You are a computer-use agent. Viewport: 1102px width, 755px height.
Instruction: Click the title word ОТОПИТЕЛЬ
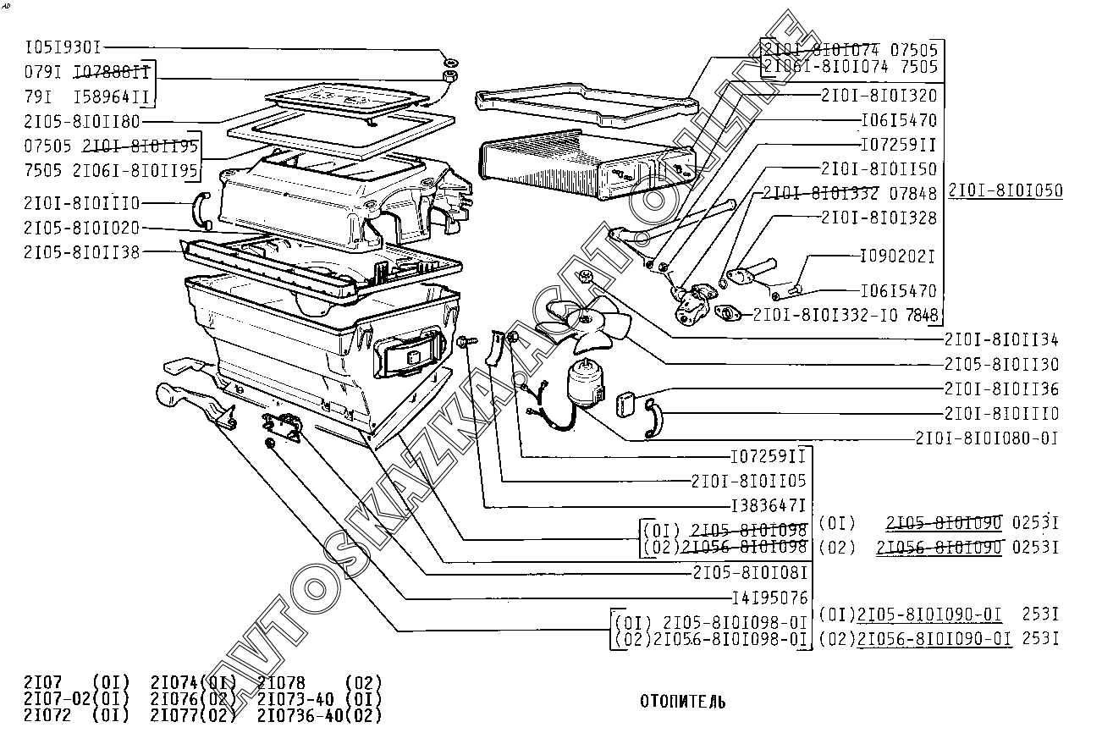tap(682, 702)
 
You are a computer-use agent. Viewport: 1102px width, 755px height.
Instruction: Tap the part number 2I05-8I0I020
tap(82, 228)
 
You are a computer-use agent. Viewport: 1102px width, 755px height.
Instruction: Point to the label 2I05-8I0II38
tap(82, 251)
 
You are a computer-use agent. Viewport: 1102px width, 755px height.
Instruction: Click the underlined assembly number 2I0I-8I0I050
tap(1005, 190)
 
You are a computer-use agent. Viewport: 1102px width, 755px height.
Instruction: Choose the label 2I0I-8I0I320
tap(879, 95)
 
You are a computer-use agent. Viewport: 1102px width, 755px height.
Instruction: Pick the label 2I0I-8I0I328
tap(879, 218)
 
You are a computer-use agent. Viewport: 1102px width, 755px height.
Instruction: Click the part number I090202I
tap(898, 255)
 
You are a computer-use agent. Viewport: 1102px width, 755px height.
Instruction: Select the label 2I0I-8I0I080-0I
tap(986, 438)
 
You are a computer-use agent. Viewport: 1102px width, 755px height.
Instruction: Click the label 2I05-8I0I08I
tap(749, 572)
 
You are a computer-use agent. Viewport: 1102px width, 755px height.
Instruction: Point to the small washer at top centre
tap(450, 62)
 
